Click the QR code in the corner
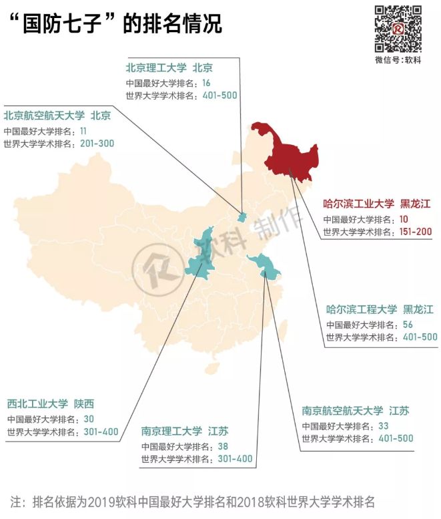(398, 28)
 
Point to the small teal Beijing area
(242, 217)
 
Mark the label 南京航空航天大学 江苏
(355, 410)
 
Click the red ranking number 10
(404, 219)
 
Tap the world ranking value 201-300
(97, 144)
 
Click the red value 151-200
(414, 232)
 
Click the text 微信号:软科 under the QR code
(398, 60)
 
